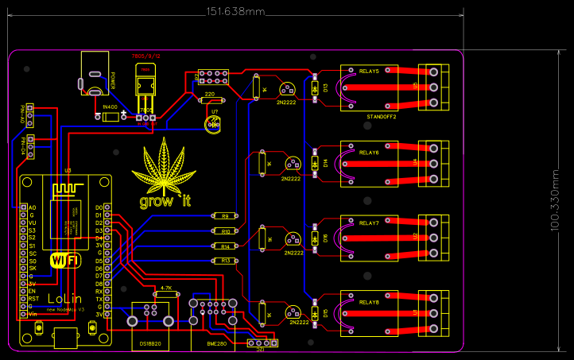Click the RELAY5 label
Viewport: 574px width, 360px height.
click(369, 72)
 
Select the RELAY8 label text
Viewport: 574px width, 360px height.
click(369, 303)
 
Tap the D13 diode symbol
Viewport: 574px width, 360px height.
click(315, 87)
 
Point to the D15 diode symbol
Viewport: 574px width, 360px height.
click(315, 312)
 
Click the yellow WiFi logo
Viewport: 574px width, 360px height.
click(64, 260)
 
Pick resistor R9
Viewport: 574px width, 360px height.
click(225, 216)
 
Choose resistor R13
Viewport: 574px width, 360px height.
click(225, 261)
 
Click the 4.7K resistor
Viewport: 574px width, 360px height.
click(166, 294)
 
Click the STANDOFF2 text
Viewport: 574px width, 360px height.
click(382, 117)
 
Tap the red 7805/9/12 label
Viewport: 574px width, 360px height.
click(146, 57)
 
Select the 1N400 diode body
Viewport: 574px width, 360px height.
click(110, 117)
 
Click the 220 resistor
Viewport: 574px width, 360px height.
click(209, 100)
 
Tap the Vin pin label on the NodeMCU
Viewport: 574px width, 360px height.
click(33, 315)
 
